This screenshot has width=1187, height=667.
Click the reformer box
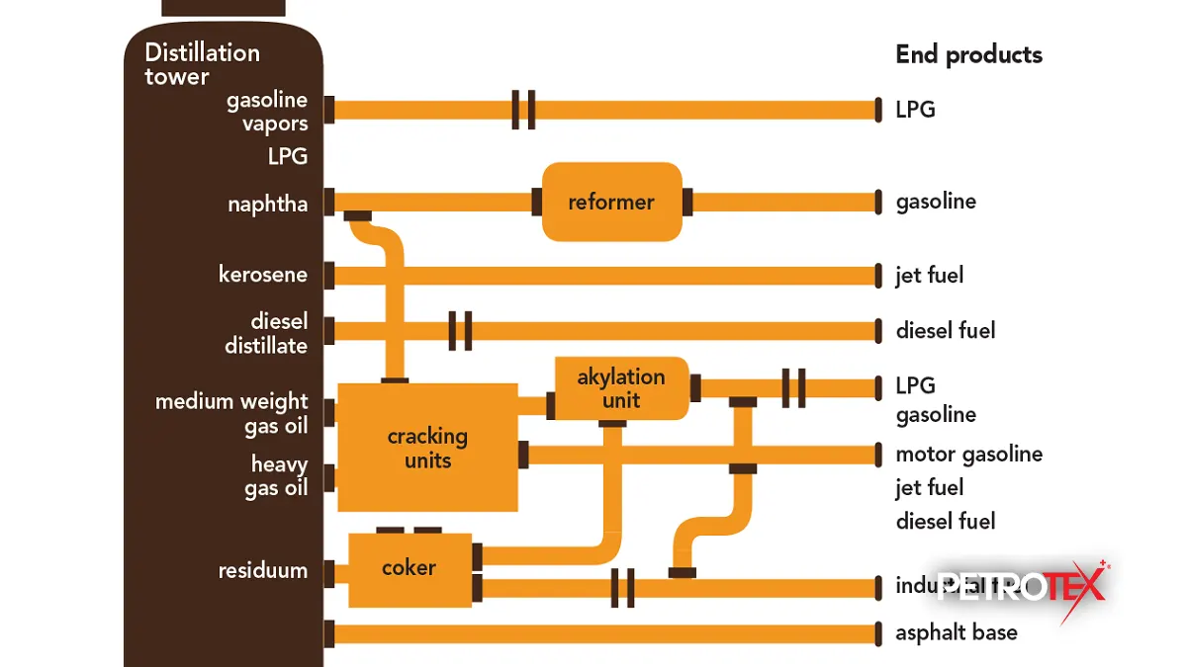click(611, 202)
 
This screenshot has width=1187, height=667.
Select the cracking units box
click(427, 448)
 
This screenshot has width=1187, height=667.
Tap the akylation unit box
click(621, 387)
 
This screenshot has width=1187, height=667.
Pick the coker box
click(410, 569)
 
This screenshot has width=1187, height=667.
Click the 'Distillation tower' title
click(202, 64)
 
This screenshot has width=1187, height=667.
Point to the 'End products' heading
click(968, 54)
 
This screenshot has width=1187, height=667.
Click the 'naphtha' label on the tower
click(267, 205)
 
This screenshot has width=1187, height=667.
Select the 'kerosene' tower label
click(262, 275)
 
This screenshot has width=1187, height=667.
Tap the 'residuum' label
click(262, 570)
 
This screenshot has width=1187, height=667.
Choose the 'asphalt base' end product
click(956, 632)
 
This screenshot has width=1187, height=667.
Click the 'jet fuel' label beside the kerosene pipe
click(929, 275)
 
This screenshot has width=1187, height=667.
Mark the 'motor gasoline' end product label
click(968, 455)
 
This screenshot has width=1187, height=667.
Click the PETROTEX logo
click(1021, 587)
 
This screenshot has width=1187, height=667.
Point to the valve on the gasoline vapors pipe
click(523, 110)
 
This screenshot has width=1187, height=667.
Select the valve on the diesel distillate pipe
click(460, 330)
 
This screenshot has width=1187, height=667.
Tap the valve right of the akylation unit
click(793, 387)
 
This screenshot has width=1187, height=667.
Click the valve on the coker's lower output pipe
click(622, 588)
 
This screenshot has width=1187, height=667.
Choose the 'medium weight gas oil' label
click(231, 413)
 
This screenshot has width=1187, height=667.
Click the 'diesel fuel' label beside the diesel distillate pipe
click(945, 330)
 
